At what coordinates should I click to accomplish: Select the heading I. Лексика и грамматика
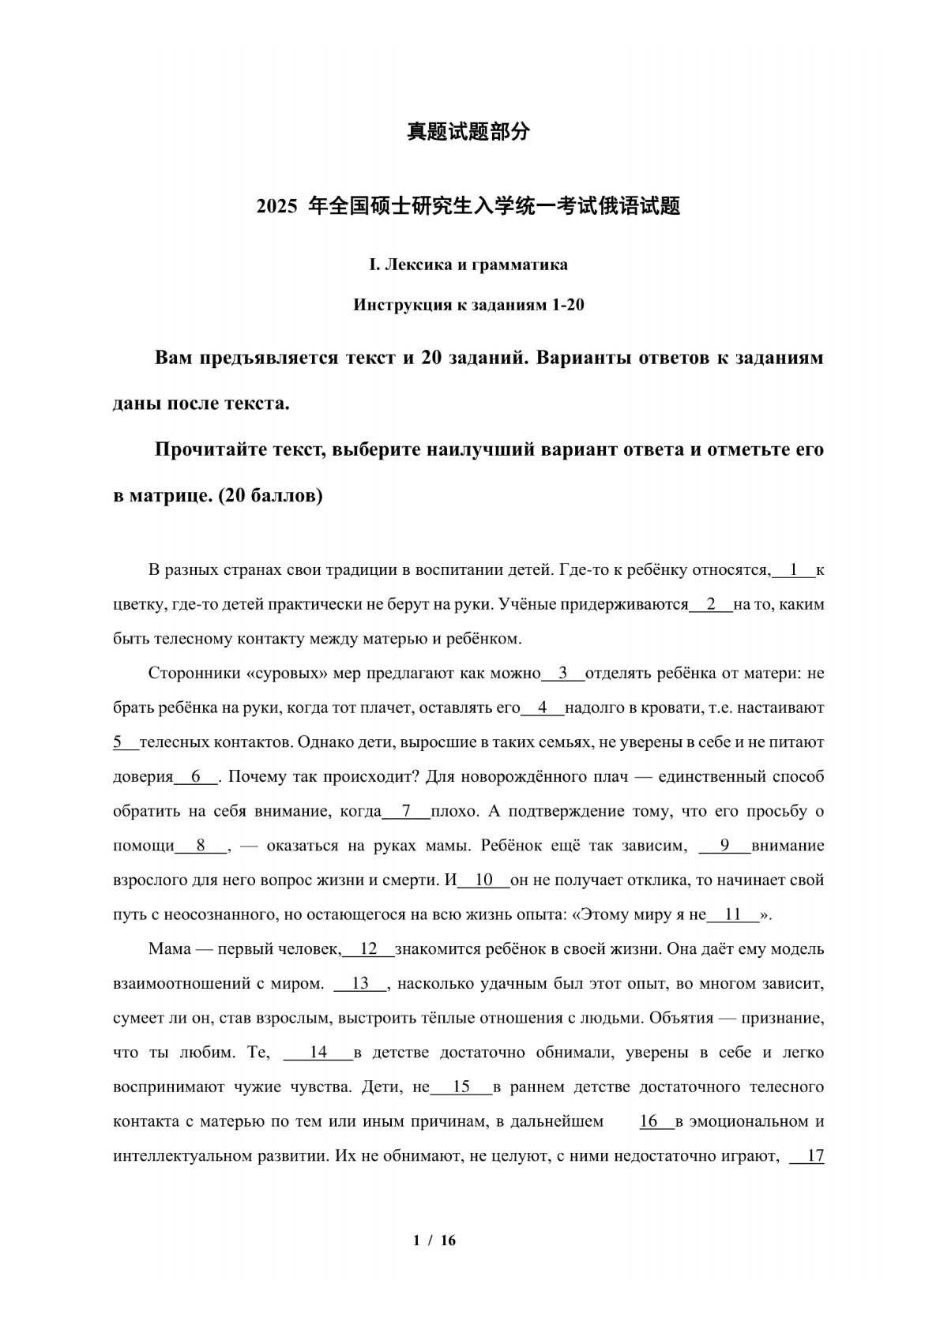tap(468, 265)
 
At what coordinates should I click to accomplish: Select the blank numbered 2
tap(711, 604)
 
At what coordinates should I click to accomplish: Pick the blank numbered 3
tap(563, 674)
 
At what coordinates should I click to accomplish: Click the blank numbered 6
tap(195, 777)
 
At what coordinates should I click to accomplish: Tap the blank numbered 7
tap(406, 811)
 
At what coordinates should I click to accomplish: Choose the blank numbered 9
tap(724, 846)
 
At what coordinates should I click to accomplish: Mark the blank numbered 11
tap(733, 915)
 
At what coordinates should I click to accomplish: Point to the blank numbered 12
tap(368, 949)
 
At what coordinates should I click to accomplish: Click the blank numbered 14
tap(318, 1053)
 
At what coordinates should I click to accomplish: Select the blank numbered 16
tap(649, 1121)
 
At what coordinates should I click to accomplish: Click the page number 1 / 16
tap(434, 1241)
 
